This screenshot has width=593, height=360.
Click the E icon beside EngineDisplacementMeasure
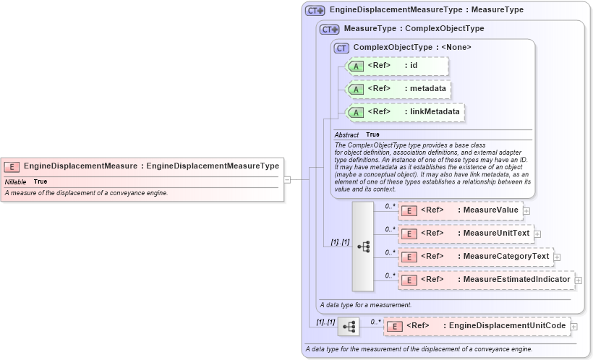12,166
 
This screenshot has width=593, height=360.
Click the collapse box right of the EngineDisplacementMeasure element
287,180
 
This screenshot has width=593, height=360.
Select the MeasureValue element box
460,210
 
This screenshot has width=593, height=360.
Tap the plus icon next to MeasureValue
526,211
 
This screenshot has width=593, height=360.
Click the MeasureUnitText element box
466,233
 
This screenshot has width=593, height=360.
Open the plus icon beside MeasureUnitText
537,234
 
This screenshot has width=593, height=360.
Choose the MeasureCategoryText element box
475,257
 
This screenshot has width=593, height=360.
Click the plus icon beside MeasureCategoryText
557,257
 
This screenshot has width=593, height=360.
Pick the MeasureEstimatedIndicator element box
485,280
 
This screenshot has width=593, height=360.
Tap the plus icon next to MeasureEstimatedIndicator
578,280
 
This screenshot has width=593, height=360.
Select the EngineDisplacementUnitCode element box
477,326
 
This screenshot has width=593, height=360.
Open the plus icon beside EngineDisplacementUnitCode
573,327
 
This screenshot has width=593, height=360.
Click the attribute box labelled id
398,66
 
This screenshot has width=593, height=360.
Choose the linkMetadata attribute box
406,112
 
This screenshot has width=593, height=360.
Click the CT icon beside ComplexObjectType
341,48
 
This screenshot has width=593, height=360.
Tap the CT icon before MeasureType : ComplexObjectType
330,29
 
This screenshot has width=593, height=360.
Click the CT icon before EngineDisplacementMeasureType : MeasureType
315,11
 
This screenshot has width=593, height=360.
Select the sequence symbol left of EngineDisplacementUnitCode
348,327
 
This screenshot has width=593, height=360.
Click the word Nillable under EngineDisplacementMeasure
15,181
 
